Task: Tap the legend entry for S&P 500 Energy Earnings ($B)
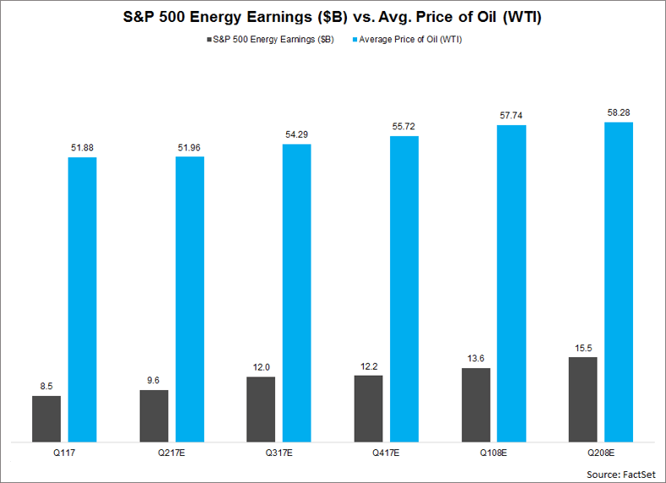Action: [x=270, y=39]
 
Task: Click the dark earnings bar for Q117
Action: [x=46, y=418]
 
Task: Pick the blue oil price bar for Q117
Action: [x=83, y=299]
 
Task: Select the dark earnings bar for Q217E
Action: [x=154, y=415]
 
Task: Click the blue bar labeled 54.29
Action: [x=296, y=292]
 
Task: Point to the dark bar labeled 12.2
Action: [x=368, y=408]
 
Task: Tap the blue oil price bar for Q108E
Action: [x=512, y=283]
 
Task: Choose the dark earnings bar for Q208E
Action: [x=582, y=399]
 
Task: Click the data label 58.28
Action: [x=619, y=112]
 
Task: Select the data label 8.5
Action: [x=46, y=385]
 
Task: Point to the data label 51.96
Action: [x=190, y=147]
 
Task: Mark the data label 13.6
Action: [x=475, y=358]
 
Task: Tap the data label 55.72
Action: [x=404, y=126]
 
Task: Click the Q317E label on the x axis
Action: [x=279, y=453]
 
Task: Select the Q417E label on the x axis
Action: [x=386, y=453]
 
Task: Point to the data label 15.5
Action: [x=582, y=347]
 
